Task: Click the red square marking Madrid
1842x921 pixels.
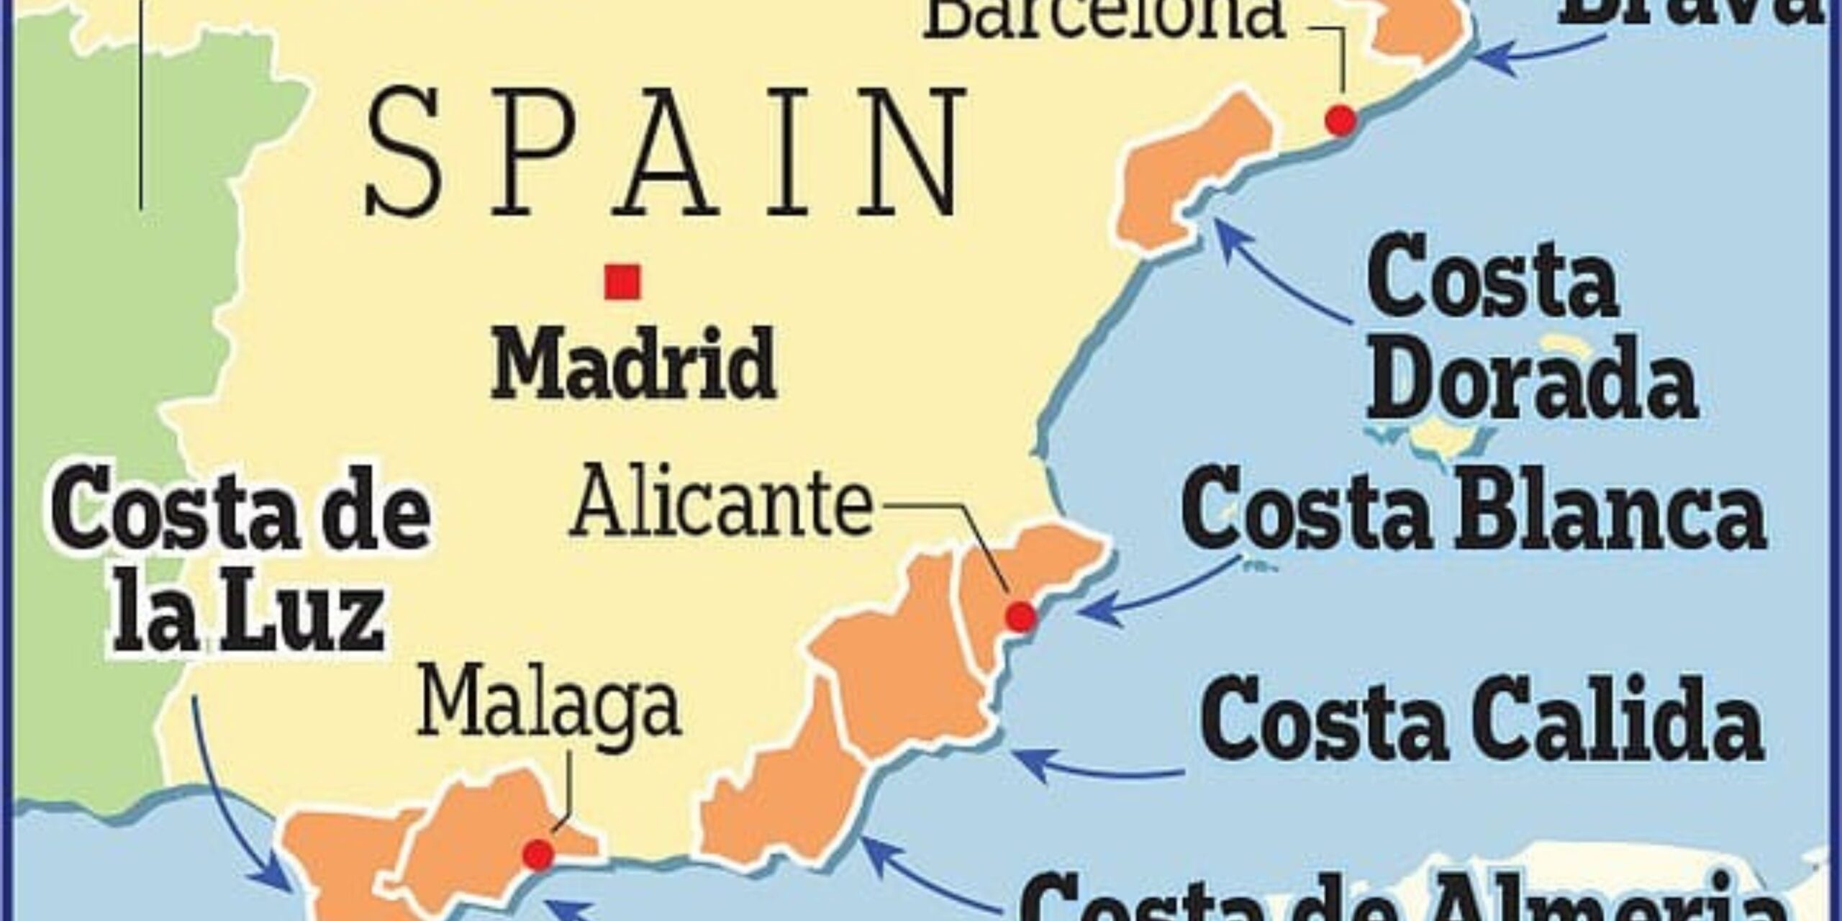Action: [x=622, y=282]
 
